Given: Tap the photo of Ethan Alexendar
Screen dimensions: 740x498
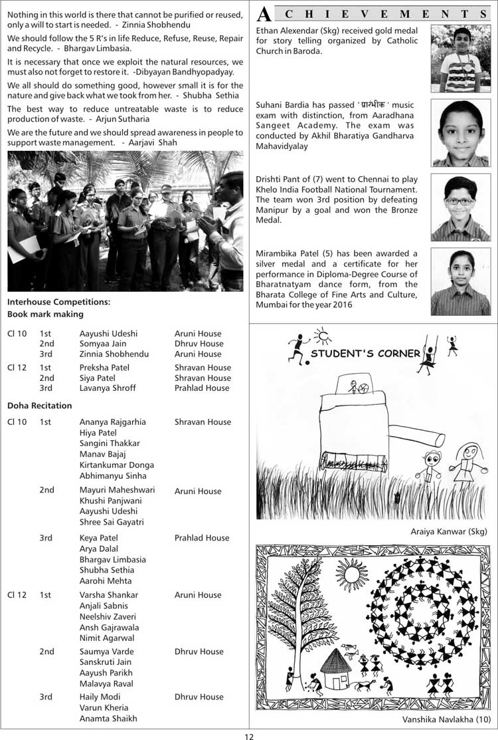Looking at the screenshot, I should click(x=460, y=59).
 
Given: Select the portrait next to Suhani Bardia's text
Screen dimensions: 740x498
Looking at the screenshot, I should click(x=460, y=132).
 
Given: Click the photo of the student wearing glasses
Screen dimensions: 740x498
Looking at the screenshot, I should click(x=460, y=207).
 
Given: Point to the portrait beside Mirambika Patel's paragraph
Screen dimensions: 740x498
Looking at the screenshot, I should click(x=460, y=282).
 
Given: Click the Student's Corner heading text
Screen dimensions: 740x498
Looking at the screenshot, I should click(x=365, y=353).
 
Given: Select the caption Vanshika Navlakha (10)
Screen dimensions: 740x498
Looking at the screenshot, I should click(x=446, y=719).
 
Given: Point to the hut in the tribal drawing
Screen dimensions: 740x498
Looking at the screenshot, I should click(x=337, y=670).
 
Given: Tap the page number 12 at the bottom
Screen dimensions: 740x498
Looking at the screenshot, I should click(x=249, y=735).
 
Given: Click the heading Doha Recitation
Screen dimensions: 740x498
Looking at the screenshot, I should click(x=40, y=405).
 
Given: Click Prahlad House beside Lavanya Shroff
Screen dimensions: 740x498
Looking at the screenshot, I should click(x=203, y=388).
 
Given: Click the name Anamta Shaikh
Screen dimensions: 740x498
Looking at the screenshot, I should click(x=108, y=718).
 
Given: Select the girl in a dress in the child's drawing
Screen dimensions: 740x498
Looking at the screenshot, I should click(x=467, y=465).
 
